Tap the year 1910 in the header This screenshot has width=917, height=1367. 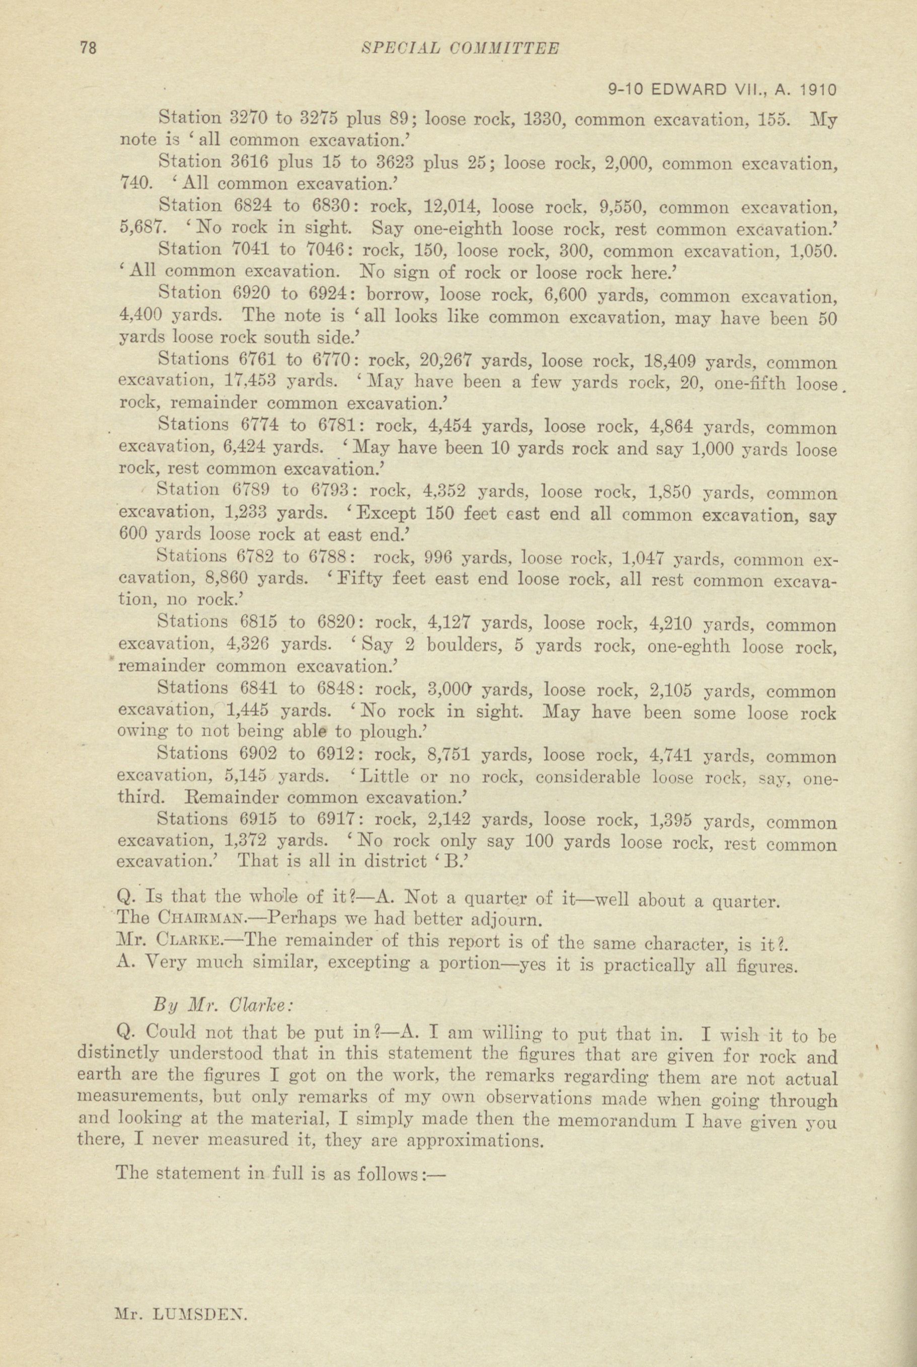coord(817,90)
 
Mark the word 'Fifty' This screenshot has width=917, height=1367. coord(360,581)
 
